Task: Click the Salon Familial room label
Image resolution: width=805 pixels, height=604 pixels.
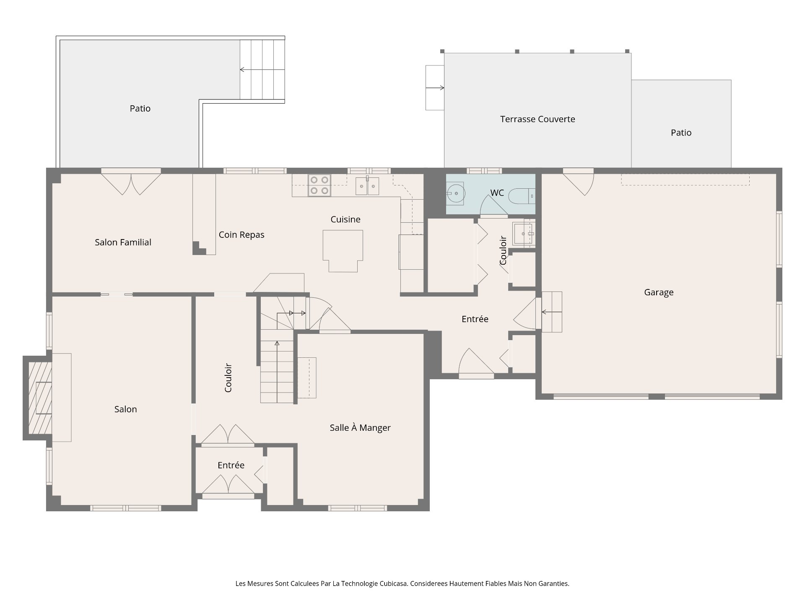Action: point(123,242)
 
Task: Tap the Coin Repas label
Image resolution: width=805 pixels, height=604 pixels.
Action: point(241,235)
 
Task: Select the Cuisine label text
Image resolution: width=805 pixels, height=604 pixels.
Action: point(345,219)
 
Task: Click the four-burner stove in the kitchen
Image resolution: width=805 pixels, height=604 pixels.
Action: point(319,185)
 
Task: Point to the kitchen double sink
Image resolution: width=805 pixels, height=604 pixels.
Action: point(367,186)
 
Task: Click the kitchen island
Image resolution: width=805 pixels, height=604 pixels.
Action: point(343,251)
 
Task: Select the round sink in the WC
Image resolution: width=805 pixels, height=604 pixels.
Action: point(455,193)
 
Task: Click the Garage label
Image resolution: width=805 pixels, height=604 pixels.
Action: point(659,292)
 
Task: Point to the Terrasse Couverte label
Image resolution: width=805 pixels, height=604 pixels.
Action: point(538,119)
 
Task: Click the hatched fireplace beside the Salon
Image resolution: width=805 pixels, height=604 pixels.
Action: point(40,398)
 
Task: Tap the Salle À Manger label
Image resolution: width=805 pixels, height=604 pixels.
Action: point(360,428)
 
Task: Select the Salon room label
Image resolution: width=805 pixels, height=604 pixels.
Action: point(126,409)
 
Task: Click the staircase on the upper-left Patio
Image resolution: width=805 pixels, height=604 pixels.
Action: point(262,70)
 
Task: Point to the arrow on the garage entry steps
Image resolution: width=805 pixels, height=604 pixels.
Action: point(546,312)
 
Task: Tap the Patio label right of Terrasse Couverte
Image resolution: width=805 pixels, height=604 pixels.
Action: point(681,133)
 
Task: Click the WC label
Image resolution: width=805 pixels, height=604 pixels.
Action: point(497,193)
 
